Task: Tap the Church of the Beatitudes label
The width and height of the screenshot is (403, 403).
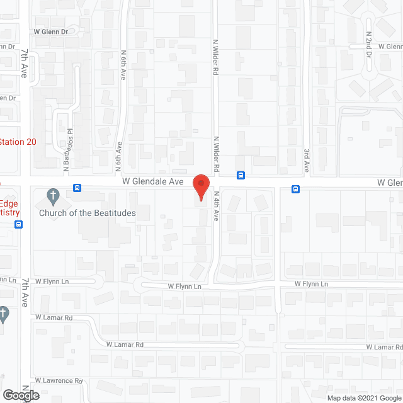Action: (x=87, y=213)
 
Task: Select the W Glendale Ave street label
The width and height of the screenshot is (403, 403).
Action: (x=152, y=181)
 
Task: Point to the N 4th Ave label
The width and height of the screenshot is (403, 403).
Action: (x=215, y=206)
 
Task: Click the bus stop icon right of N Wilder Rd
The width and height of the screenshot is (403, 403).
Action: (x=241, y=175)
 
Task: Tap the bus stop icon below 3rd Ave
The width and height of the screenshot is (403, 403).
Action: (x=295, y=188)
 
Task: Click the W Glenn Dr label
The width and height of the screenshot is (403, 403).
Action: (x=51, y=30)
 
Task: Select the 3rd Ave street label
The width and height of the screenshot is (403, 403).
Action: (x=307, y=160)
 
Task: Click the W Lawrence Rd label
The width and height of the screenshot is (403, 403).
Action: (x=59, y=380)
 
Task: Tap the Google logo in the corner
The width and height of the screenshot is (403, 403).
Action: (x=20, y=395)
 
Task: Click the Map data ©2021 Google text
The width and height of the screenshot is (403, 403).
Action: (x=364, y=397)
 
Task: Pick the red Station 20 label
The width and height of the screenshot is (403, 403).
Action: (x=18, y=142)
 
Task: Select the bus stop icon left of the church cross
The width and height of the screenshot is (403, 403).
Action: (x=77, y=188)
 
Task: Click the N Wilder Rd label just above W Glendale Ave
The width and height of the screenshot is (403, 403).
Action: (x=215, y=154)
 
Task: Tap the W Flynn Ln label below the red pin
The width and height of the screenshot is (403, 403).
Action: (x=184, y=287)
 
